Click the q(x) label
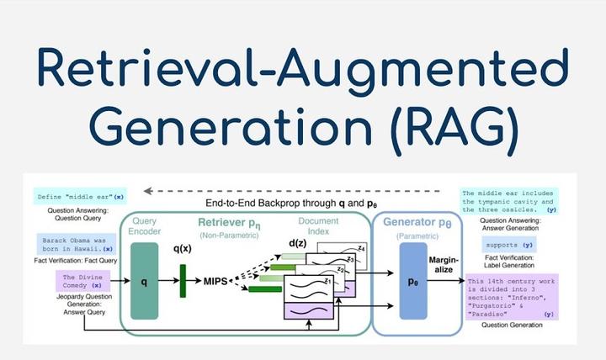[x=184, y=249]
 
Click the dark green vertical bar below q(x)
[x=182, y=280]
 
